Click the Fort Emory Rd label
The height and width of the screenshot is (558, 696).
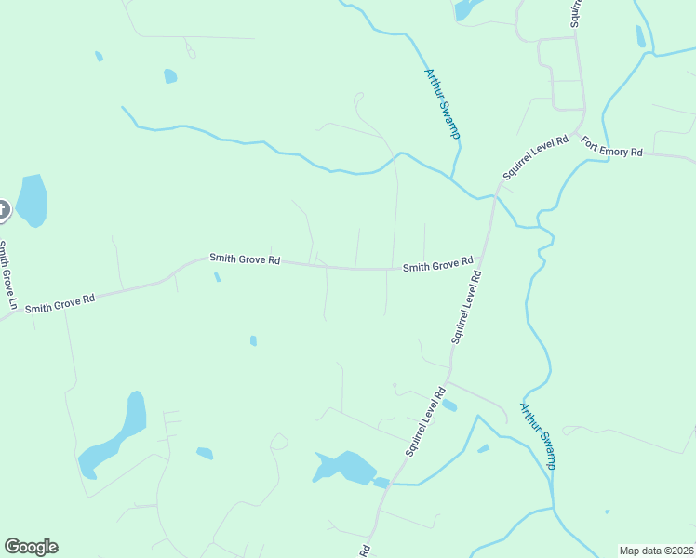(611, 147)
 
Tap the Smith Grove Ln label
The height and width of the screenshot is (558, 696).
(8, 275)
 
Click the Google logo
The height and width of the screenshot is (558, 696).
(31, 547)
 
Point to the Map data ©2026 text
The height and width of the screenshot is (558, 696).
(656, 551)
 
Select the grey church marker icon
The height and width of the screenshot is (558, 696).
(2, 210)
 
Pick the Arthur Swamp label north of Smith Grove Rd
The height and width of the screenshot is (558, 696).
(443, 104)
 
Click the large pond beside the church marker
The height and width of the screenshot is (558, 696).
(32, 200)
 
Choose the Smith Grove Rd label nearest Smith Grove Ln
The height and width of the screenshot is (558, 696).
(60, 302)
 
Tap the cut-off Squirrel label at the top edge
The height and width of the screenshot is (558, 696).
(577, 11)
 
